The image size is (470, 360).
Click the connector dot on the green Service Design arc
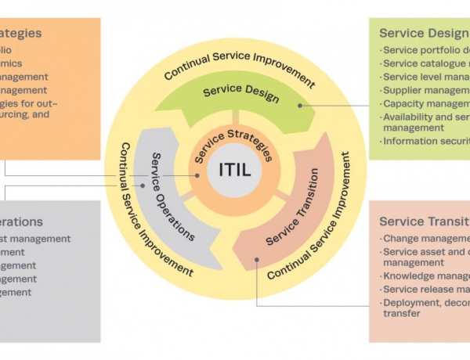[300, 104]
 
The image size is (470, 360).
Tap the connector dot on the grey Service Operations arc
[143, 186]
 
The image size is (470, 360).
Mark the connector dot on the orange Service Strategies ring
[198, 176]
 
